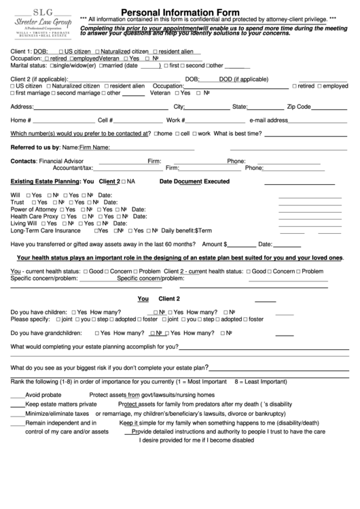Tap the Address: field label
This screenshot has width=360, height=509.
(x=22, y=107)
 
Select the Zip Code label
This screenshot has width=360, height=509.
(x=299, y=107)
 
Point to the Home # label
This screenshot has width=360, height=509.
(x=21, y=120)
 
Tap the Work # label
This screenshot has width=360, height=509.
(x=175, y=120)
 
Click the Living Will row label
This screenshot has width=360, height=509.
(x=24, y=224)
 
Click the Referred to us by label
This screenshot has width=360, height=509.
(x=35, y=147)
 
